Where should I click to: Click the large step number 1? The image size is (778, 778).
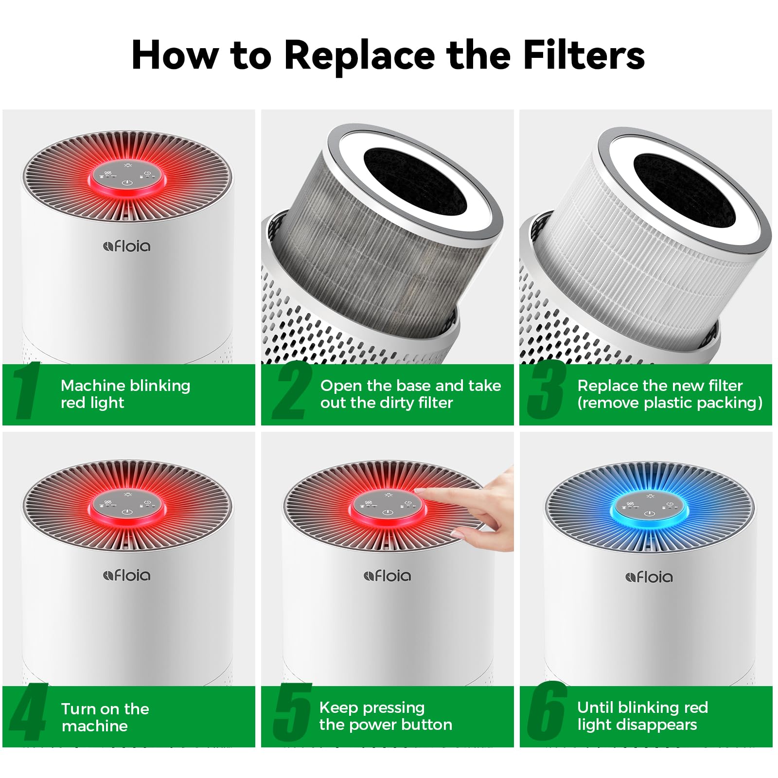point(27,391)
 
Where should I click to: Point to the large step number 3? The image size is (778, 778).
point(546,391)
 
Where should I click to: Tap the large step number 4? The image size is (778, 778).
point(28,713)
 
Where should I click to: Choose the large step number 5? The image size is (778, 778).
point(292,713)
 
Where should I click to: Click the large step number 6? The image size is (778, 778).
point(547,712)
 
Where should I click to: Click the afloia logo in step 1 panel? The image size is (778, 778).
point(127,246)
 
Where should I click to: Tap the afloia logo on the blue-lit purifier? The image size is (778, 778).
point(649,577)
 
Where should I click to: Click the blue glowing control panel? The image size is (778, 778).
point(649,508)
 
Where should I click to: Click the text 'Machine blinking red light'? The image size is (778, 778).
point(125,394)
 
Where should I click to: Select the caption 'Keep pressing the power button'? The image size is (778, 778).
point(385,716)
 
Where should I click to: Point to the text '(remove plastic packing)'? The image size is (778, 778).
point(670,403)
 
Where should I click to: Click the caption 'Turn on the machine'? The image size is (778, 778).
point(105,717)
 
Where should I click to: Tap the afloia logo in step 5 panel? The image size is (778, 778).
point(388,576)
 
